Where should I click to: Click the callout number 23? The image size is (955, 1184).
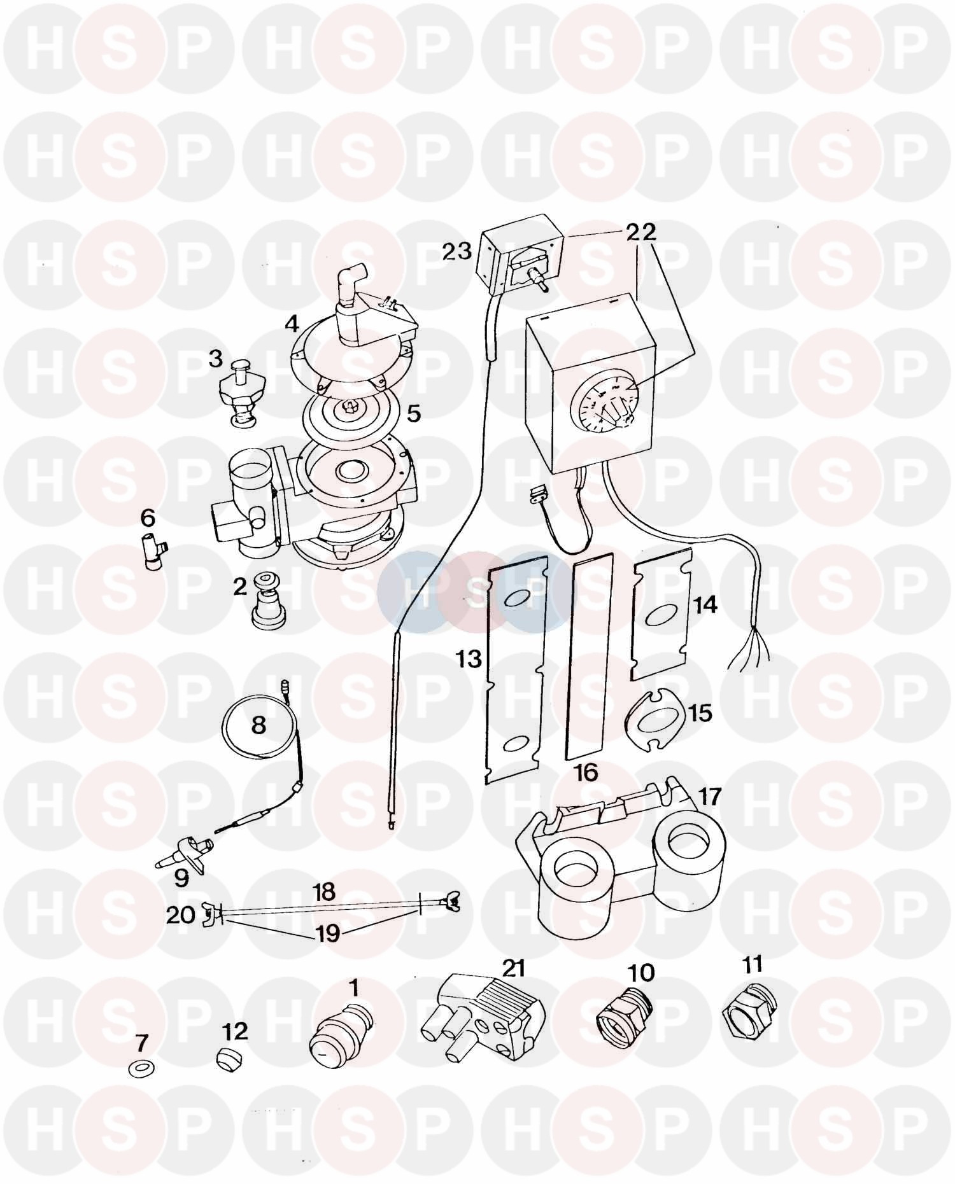pos(458,251)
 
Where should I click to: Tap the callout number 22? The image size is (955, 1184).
pos(640,233)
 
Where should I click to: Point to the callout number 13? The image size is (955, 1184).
pos(468,659)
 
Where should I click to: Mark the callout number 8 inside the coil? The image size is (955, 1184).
pos(258,725)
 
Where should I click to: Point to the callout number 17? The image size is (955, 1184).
pos(710,797)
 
